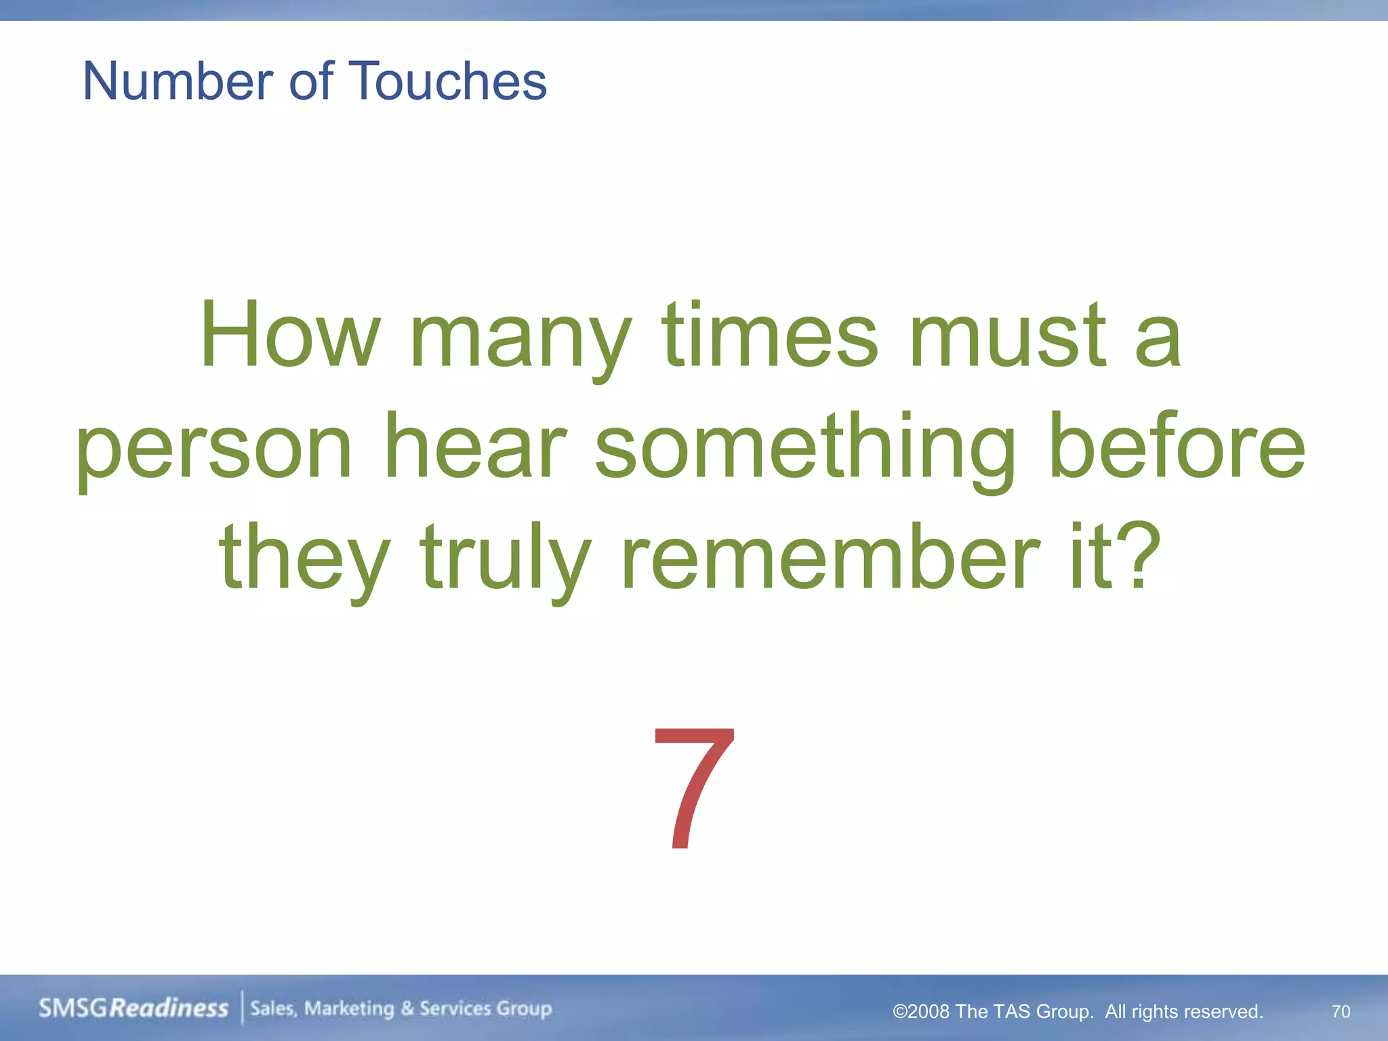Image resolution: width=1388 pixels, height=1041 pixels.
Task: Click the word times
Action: point(769,335)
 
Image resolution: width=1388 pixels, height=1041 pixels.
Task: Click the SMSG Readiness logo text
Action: point(134,1008)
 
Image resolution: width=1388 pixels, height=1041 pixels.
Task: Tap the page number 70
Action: point(1341,1011)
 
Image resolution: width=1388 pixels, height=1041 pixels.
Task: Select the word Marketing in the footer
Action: point(349,1008)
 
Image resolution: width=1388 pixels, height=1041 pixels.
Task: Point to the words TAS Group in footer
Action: point(1042,1011)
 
